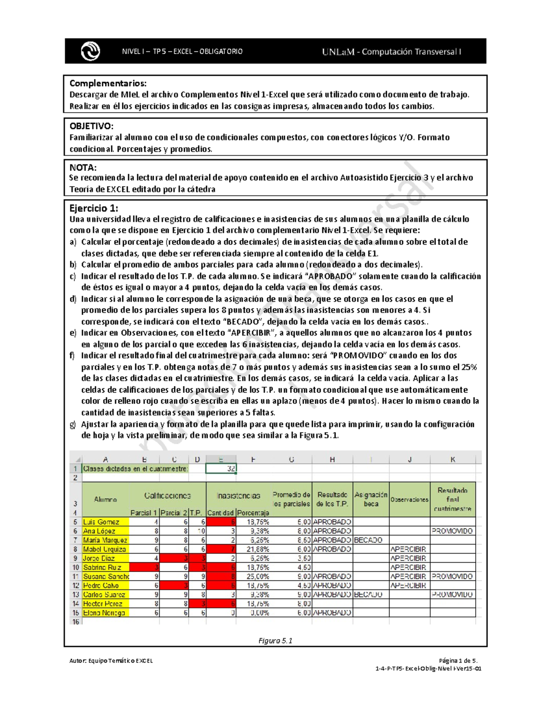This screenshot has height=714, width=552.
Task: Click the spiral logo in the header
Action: click(x=90, y=51)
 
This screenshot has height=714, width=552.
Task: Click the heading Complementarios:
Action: click(x=108, y=83)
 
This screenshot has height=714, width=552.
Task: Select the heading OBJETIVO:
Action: click(x=91, y=126)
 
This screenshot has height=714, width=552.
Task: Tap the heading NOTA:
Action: click(x=83, y=167)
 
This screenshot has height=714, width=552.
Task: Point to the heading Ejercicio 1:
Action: click(x=93, y=208)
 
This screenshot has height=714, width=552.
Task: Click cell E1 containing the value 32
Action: click(x=221, y=468)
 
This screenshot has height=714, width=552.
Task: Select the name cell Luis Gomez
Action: click(x=105, y=522)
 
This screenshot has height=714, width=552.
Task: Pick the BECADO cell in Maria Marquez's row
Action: click(x=371, y=540)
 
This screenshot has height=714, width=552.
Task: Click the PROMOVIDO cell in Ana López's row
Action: click(x=452, y=531)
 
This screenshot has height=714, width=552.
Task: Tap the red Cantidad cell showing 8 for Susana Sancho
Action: click(x=221, y=577)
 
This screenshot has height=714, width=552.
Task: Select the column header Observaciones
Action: click(x=409, y=500)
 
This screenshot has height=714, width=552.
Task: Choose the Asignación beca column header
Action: click(x=371, y=499)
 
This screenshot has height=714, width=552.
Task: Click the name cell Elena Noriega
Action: click(x=105, y=613)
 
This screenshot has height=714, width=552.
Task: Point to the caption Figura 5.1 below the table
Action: click(x=275, y=640)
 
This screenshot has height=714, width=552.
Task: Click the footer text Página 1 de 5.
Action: click(x=458, y=661)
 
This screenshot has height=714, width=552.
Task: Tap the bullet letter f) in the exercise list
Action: click(x=72, y=355)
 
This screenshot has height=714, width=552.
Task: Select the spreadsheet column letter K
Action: click(x=453, y=459)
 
